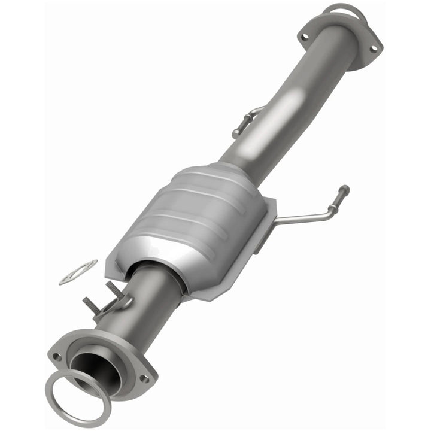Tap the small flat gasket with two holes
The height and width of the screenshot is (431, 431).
coord(78,272)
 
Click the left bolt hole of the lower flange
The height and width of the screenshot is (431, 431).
coord(57,356)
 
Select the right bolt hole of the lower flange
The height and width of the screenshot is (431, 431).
coord(144,379)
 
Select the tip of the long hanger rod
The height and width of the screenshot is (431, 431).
coord(344,190)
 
